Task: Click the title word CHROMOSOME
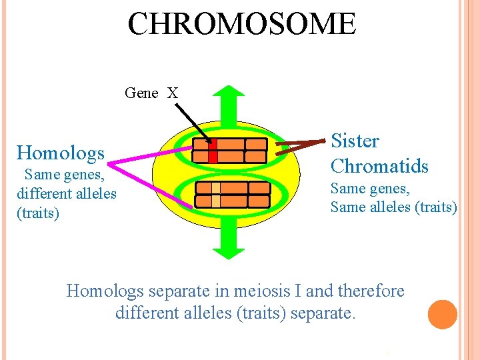tap(242, 24)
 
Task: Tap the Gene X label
tap(151, 93)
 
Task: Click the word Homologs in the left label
tap(61, 153)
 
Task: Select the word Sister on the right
tap(355, 141)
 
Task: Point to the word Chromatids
tap(379, 165)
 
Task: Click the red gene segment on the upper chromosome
tap(213, 151)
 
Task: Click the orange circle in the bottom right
tap(443, 315)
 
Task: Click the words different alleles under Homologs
tap(67, 194)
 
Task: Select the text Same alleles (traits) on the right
tap(393, 207)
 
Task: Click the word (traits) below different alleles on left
tap(38, 213)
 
